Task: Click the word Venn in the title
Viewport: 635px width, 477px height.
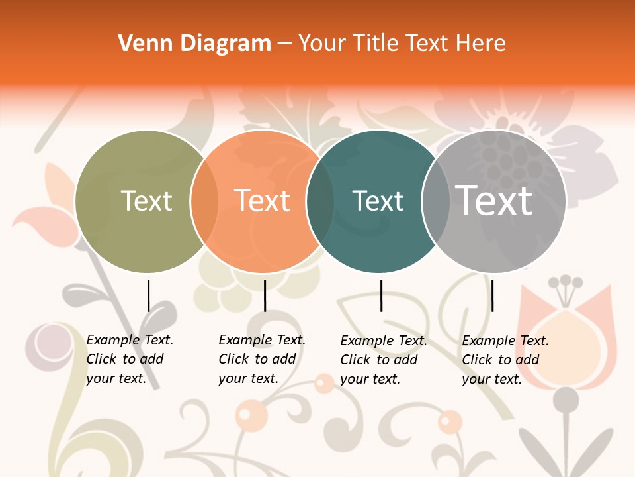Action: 138,44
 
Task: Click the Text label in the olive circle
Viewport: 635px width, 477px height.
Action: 146,201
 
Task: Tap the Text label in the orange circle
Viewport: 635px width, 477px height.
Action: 262,201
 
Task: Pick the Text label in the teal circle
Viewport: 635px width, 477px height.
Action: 378,201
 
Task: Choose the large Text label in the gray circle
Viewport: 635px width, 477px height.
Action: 494,200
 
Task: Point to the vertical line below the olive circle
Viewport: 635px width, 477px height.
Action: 148,295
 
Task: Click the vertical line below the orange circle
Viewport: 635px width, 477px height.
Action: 265,295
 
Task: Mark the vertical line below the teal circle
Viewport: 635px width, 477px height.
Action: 381,295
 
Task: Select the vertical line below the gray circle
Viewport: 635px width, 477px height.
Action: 492,295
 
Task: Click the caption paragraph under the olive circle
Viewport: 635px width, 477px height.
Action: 129,359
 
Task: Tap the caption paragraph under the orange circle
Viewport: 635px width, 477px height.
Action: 261,359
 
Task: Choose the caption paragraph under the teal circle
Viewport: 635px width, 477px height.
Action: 383,360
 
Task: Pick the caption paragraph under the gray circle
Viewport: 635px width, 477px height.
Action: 505,360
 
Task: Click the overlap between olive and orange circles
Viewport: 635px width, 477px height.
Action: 204,201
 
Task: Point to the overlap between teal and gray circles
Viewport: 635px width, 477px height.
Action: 435,201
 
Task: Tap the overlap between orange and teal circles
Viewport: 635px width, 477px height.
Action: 320,201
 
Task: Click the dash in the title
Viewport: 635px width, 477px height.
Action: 284,44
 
